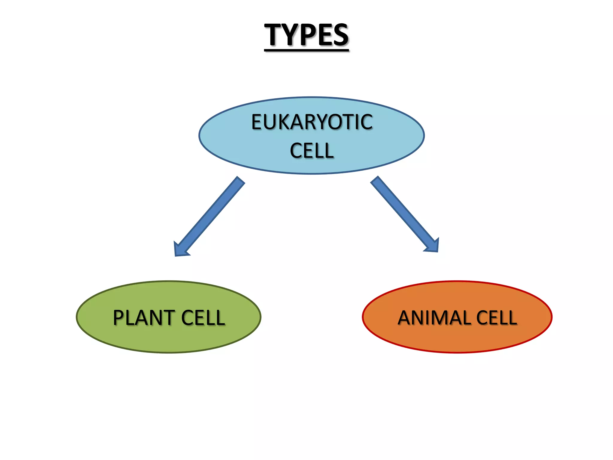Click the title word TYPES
[306, 35]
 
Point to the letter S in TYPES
[339, 35]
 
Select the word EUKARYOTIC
[312, 122]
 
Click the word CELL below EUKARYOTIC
[312, 150]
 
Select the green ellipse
[169, 341]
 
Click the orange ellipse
[457, 341]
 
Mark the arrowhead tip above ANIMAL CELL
[437, 251]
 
